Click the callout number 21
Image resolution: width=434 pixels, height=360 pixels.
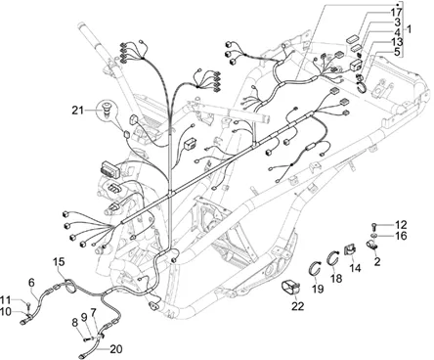point(78,111)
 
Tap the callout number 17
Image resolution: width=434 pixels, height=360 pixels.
point(396,13)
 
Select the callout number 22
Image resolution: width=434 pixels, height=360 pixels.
point(298,306)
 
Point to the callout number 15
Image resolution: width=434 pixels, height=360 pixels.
point(59,261)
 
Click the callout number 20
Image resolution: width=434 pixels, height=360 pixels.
point(116,349)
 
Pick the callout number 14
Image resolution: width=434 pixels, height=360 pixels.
point(355,268)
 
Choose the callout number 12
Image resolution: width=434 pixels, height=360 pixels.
point(401,225)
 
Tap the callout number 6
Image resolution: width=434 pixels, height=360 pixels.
point(31,283)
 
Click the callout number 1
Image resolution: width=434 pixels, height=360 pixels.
point(409,29)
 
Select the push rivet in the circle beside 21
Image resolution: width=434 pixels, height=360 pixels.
point(107,109)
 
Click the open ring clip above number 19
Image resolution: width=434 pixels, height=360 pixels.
point(316,269)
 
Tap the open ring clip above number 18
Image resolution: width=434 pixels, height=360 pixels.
point(333,257)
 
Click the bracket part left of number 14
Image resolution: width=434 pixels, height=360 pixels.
point(349,249)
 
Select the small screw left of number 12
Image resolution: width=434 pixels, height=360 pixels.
point(374,225)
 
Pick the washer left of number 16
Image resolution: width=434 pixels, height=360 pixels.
point(374,236)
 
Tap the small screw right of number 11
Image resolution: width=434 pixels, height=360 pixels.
point(28,304)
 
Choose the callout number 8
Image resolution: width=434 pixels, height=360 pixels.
point(75,323)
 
